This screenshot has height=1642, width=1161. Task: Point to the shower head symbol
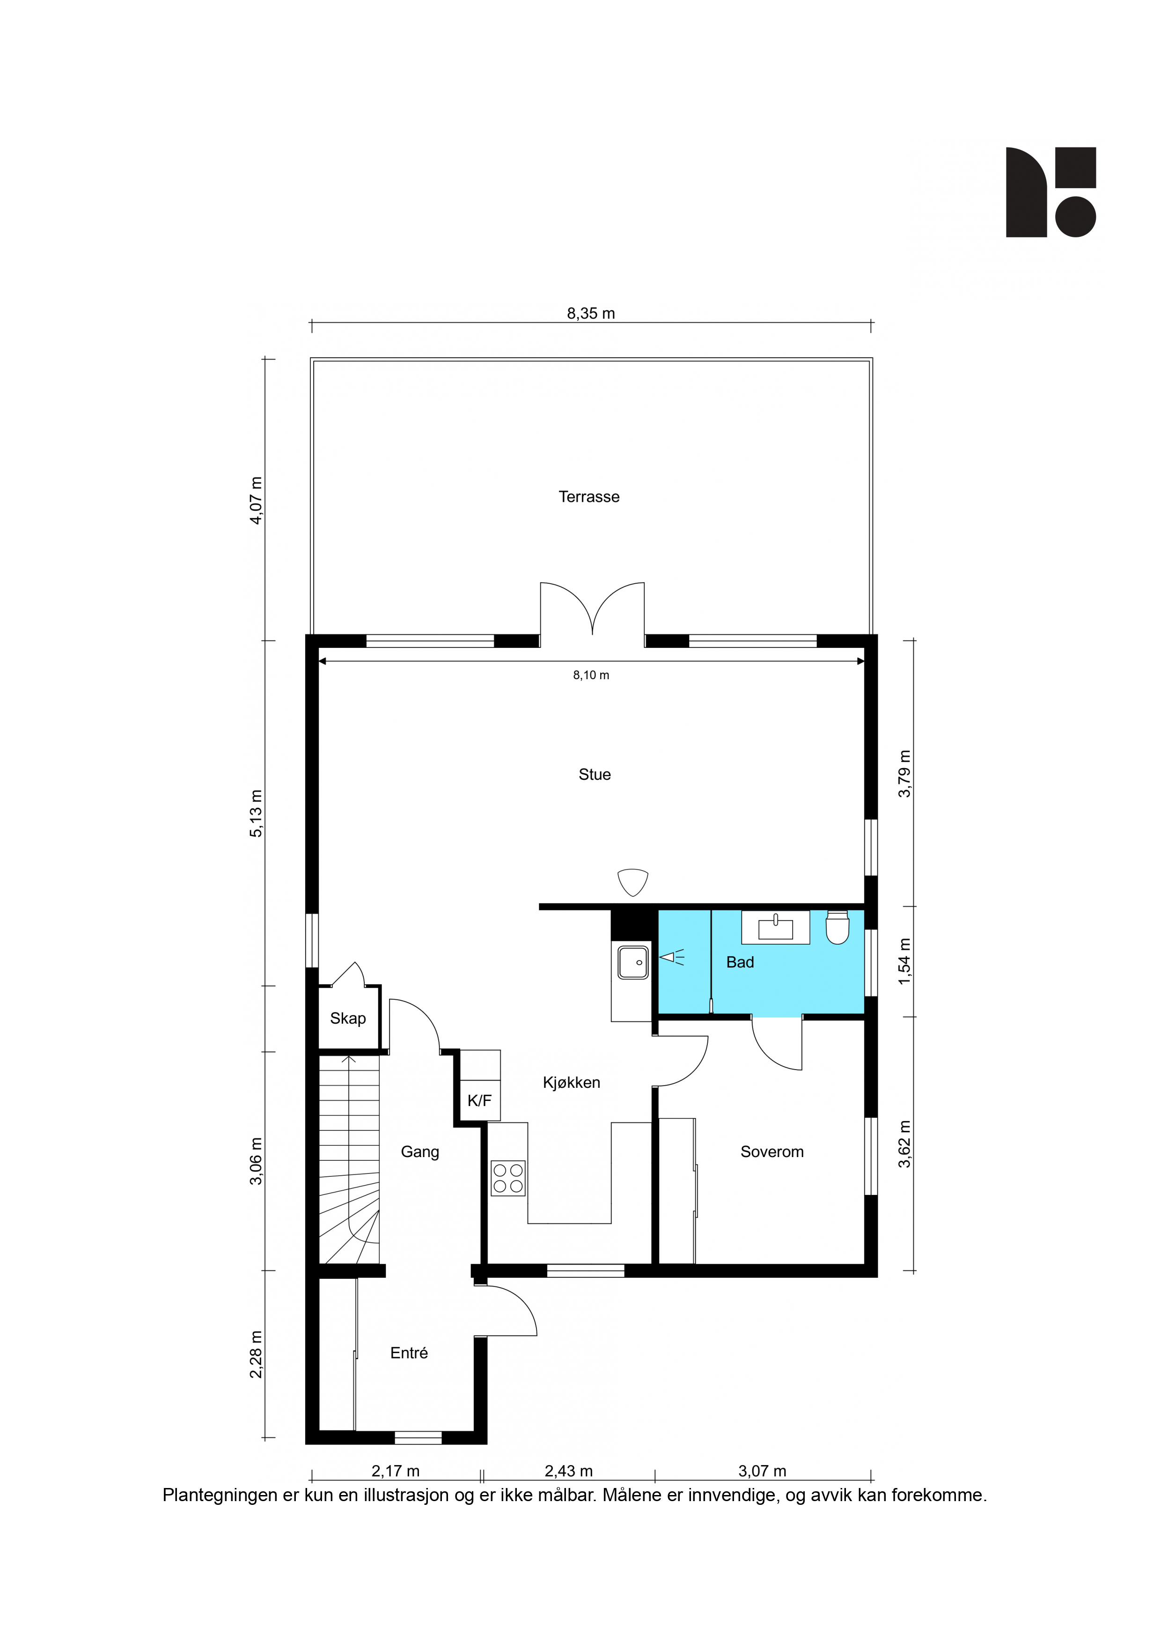671,957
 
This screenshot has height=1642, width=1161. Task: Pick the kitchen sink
633,962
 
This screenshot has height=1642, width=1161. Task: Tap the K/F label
479,1100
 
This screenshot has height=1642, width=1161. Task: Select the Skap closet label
348,1019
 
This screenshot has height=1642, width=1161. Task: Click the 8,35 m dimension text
591,313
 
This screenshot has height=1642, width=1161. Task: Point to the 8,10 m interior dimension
591,674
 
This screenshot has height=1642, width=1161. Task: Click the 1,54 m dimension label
905,961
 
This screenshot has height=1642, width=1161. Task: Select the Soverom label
772,1151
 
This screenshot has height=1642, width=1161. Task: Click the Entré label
409,1352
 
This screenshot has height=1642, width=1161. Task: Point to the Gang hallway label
420,1151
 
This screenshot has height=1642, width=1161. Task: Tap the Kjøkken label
572,1082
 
